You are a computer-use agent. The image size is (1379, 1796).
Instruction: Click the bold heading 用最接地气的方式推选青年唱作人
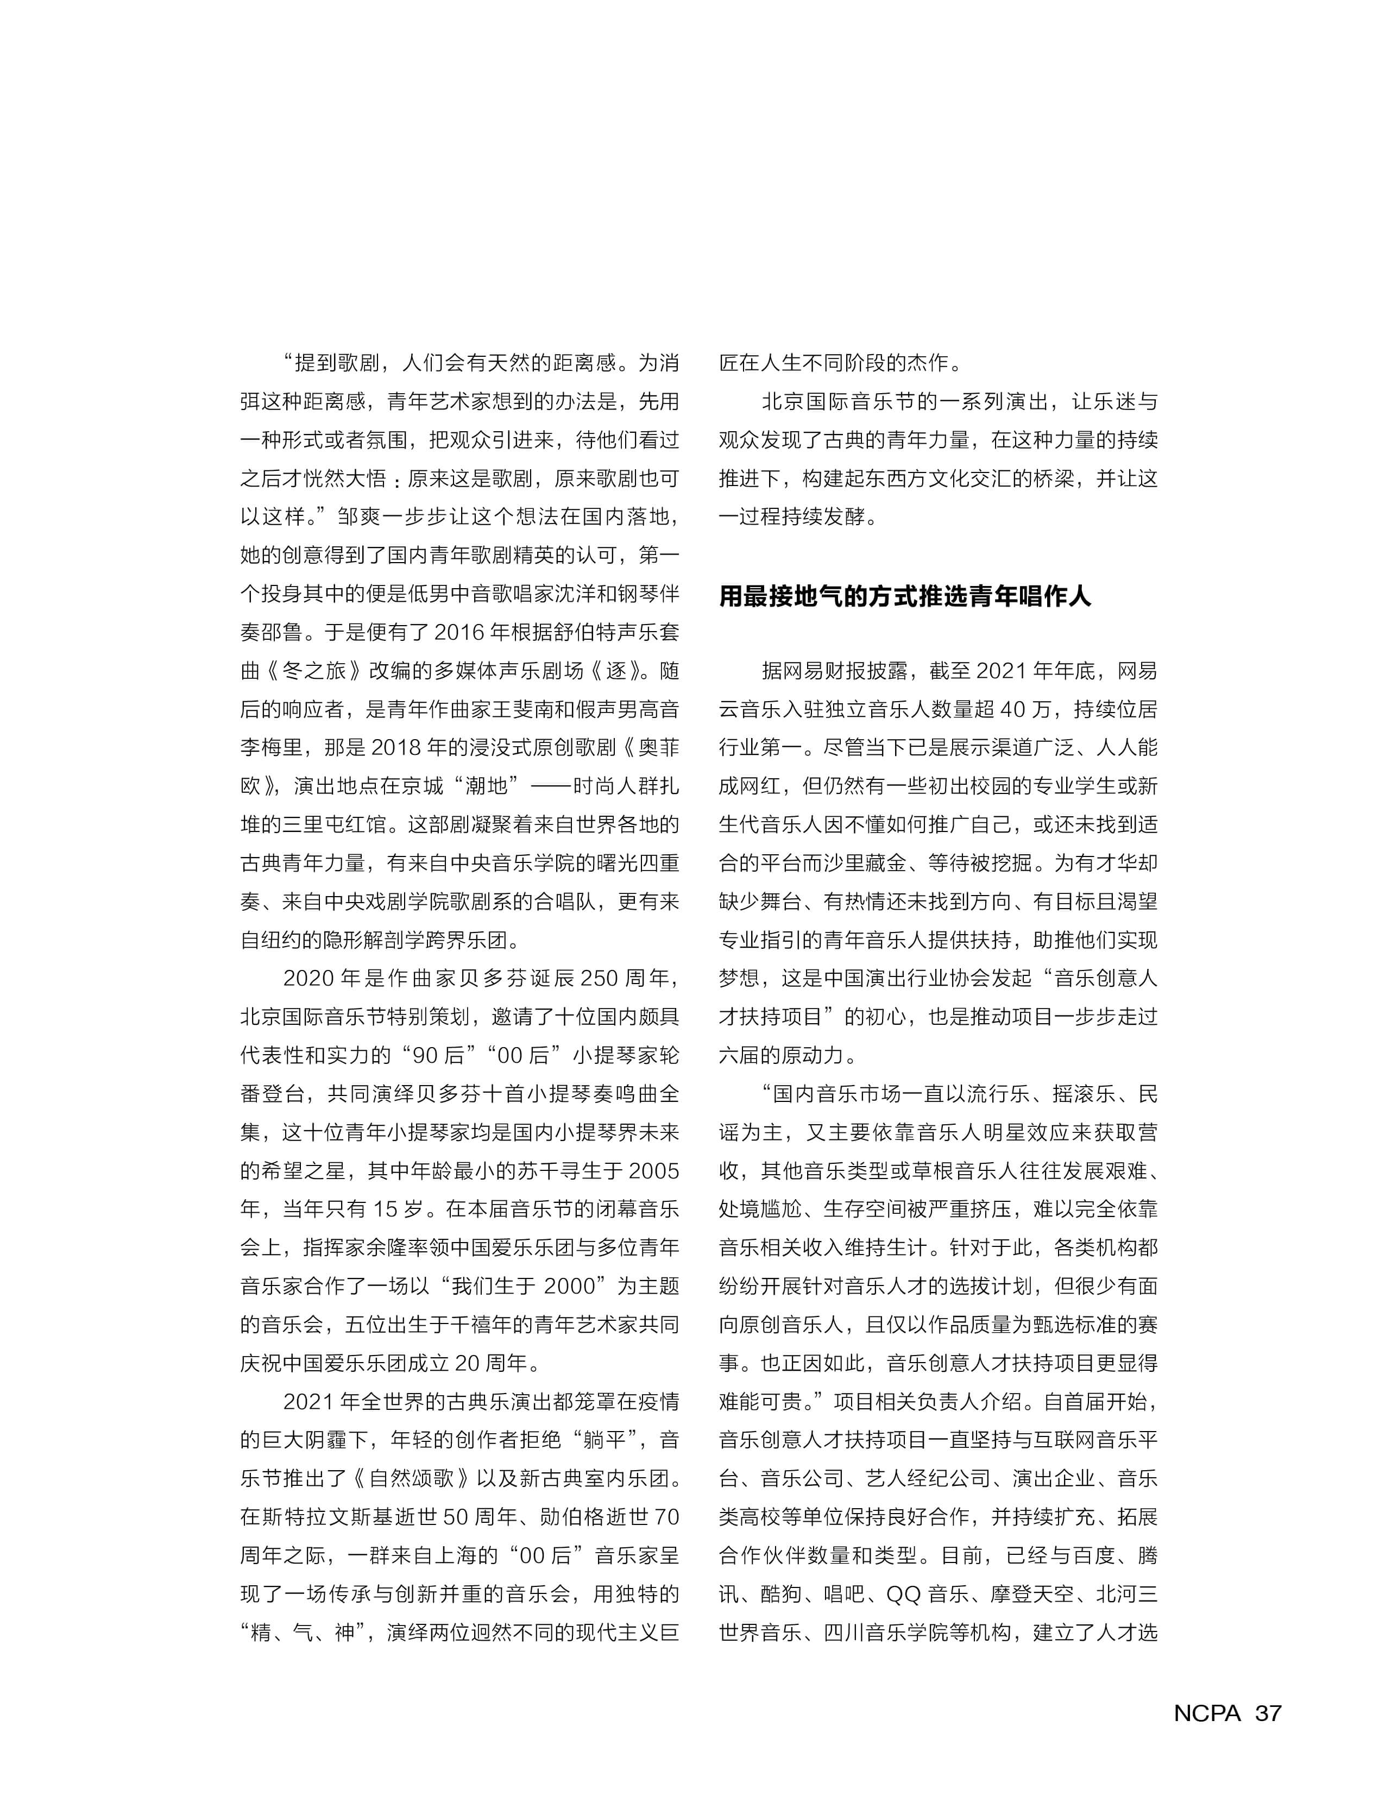tap(904, 596)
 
